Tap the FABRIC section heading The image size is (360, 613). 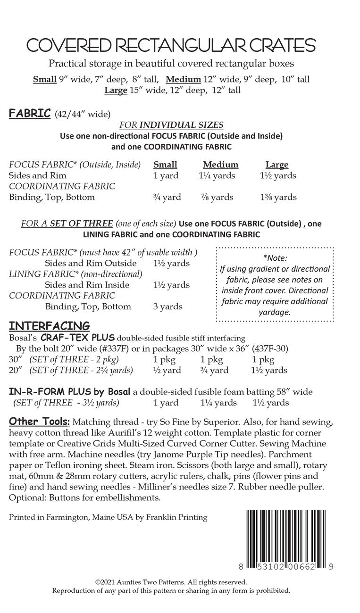30,114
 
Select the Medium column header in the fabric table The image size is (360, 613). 220,165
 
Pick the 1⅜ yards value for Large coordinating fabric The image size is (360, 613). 278,197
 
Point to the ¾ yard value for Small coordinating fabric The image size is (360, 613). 167,197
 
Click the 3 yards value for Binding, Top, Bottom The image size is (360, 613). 167,306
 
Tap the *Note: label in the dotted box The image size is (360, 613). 275,258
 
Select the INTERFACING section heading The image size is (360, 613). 49,326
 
